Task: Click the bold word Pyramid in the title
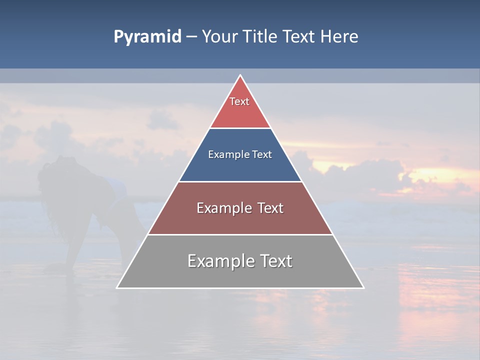pyautogui.click(x=147, y=37)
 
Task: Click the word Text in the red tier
pyautogui.click(x=239, y=101)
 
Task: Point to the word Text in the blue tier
pyautogui.click(x=262, y=155)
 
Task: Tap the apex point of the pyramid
pyautogui.click(x=240, y=75)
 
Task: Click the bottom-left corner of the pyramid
pyautogui.click(x=117, y=287)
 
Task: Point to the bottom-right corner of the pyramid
pyautogui.click(x=363, y=287)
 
